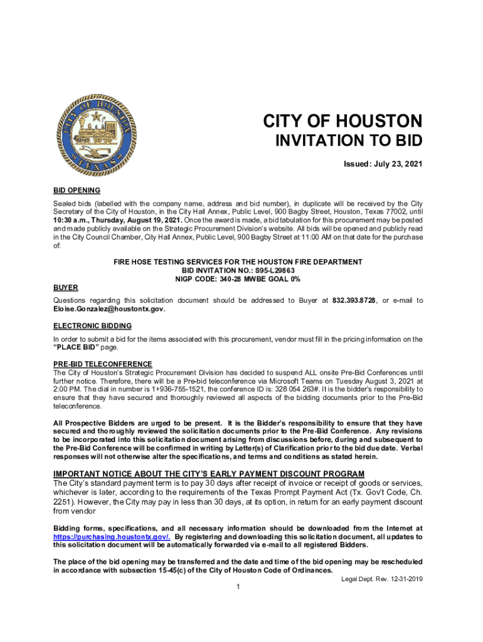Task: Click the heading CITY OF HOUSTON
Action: pyautogui.click(x=342, y=121)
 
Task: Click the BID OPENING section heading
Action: pyautogui.click(x=77, y=191)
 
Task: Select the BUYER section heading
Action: pyautogui.click(x=65, y=288)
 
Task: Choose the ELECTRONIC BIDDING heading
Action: pyautogui.click(x=92, y=326)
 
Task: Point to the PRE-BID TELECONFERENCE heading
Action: pyautogui.click(x=103, y=364)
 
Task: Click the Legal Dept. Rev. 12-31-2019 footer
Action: pyautogui.click(x=381, y=579)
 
